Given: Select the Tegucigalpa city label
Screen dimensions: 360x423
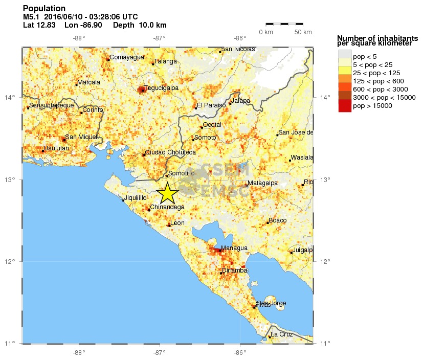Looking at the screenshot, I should click(x=162, y=88).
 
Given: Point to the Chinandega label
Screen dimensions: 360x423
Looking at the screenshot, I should click(x=167, y=208).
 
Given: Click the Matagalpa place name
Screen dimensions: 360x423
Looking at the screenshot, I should click(x=262, y=183).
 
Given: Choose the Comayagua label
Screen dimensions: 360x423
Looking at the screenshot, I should click(x=127, y=57).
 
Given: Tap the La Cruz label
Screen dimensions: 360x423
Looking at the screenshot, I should click(x=282, y=334).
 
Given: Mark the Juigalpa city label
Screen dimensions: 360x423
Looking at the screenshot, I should click(x=302, y=251).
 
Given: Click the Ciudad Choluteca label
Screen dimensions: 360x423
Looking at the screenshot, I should click(x=170, y=152).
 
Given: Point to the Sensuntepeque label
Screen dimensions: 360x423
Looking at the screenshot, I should click(x=52, y=105).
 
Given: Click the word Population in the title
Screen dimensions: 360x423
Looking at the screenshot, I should click(x=44, y=9).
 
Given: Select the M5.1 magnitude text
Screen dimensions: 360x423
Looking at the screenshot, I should click(x=32, y=17).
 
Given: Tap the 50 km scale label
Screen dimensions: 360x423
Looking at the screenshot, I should click(x=303, y=32).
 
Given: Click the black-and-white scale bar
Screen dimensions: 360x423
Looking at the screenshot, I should click(x=284, y=24).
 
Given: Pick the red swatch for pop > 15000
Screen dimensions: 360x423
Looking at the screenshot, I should click(x=344, y=106).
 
